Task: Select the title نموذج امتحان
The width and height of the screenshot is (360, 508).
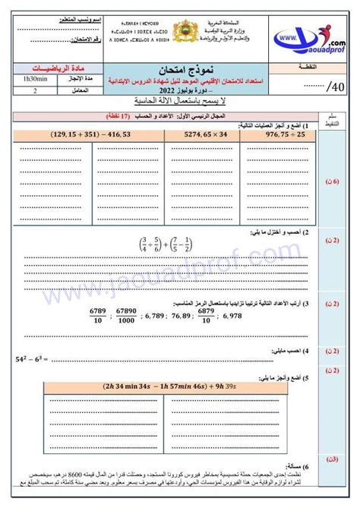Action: [x=180, y=67]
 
